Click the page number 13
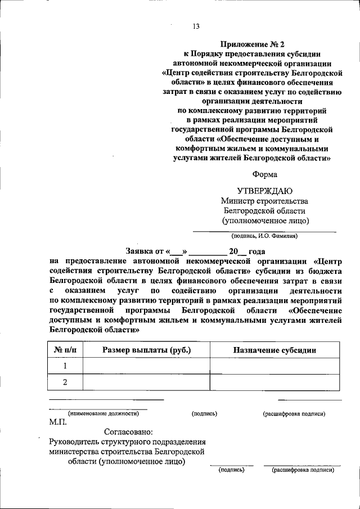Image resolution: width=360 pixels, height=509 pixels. coord(196,26)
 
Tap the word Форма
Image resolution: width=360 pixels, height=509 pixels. coord(265,174)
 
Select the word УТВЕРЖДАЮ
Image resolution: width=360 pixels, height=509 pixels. coord(264,191)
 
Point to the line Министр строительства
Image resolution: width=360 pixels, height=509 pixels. coord(264,201)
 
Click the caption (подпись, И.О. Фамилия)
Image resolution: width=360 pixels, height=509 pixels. coord(264,236)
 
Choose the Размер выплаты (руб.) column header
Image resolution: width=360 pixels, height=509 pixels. coord(146,350)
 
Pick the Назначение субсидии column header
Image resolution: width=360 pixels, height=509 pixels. coord(274,350)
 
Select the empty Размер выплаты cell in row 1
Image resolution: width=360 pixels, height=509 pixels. coord(146,366)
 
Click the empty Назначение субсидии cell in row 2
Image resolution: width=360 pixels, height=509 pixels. coord(274,382)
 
